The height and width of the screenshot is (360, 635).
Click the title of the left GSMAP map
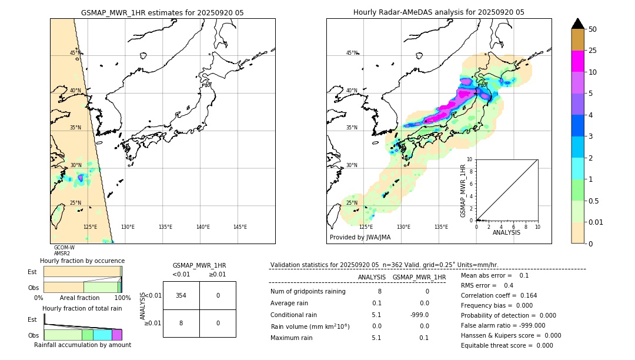(x=162, y=12)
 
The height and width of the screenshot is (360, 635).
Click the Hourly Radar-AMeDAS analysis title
(x=439, y=12)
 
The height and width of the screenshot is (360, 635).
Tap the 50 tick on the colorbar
(x=593, y=29)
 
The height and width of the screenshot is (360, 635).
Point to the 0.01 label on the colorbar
(x=595, y=222)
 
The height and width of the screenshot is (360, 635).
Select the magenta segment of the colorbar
(x=578, y=61)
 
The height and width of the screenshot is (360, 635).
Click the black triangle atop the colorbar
(x=578, y=24)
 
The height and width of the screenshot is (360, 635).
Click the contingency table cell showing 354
(x=181, y=295)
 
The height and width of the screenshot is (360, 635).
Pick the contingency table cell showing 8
(x=181, y=323)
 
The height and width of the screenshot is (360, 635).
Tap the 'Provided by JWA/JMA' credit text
(x=360, y=237)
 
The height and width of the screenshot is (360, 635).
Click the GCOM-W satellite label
(x=64, y=248)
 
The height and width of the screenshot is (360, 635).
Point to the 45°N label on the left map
(x=75, y=53)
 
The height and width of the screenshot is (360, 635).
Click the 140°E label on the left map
(x=203, y=227)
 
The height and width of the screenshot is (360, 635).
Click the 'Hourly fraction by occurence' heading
(x=82, y=261)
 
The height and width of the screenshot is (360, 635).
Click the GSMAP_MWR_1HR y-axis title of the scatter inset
(x=463, y=191)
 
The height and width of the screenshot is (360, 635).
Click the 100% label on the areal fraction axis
(x=122, y=298)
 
